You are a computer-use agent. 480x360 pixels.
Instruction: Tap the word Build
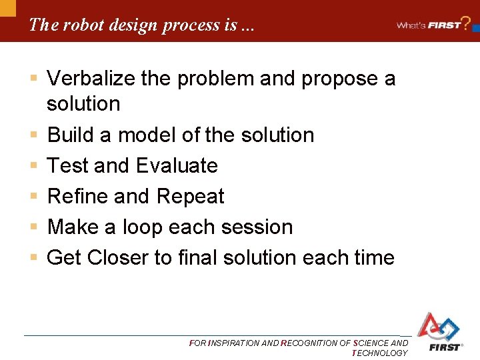70,135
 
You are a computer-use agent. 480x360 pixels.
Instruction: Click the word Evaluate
177,165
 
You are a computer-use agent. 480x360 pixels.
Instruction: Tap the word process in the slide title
185,25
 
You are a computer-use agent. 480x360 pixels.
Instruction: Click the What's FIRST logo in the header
430,25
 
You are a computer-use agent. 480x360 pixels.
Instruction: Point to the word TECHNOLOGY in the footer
379,353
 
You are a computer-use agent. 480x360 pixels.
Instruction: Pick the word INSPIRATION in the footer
233,343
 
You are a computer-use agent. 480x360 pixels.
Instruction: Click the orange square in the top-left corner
7,7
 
